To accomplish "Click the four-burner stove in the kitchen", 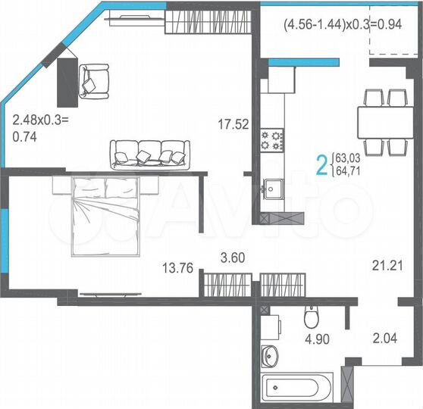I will [x=272, y=139].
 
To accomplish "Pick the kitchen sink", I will [x=272, y=186].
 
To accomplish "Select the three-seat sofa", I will [x=149, y=154].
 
